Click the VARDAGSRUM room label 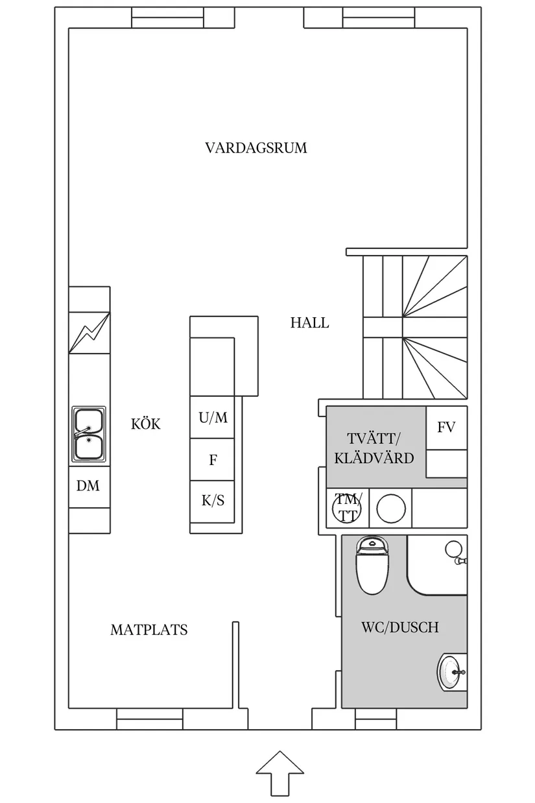256,148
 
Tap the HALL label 309,322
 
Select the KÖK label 145,425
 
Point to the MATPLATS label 149,630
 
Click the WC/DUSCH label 399,627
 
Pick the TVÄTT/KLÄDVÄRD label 374,448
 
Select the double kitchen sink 89,435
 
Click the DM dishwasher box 89,485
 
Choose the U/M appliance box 213,417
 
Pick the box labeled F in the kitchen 213,461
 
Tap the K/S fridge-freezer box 213,501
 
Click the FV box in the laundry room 446,427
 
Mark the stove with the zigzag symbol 89,332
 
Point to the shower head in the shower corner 453,551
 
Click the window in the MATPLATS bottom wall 149,719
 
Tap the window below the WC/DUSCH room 375,719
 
